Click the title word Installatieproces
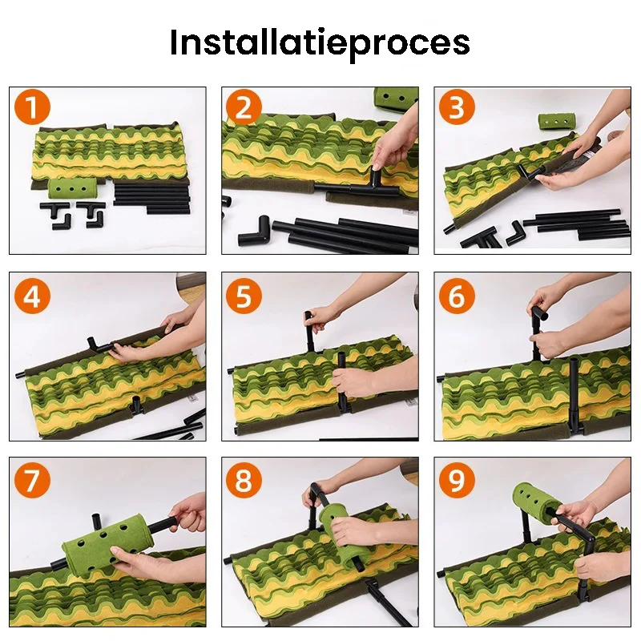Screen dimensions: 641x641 point(320,42)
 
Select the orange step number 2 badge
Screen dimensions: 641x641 point(244,108)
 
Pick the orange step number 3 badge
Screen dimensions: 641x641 point(457,108)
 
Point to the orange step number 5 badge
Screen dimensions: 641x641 point(244,296)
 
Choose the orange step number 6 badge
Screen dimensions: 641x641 point(457,296)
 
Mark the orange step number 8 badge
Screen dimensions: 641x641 point(244,481)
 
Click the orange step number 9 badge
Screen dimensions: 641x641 point(457,481)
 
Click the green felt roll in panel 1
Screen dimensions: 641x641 point(72,191)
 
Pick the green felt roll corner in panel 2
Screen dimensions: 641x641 point(395,98)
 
